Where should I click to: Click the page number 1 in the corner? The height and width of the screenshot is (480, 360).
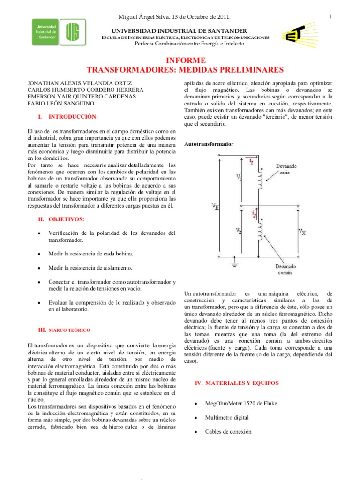[x=330, y=17]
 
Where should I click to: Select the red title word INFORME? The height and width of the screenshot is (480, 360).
[x=186, y=60]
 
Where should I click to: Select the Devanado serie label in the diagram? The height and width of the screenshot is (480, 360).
[x=285, y=169]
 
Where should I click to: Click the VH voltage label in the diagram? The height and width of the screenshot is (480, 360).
[x=215, y=206]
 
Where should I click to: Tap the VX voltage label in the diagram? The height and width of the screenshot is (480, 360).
[x=302, y=231]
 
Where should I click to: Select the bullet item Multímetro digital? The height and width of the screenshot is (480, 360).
[x=227, y=417]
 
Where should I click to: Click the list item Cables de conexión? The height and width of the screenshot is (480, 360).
[x=228, y=431]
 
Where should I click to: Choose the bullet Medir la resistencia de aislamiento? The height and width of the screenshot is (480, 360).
[x=90, y=268]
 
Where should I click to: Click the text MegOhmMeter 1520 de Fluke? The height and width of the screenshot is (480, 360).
[x=241, y=403]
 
